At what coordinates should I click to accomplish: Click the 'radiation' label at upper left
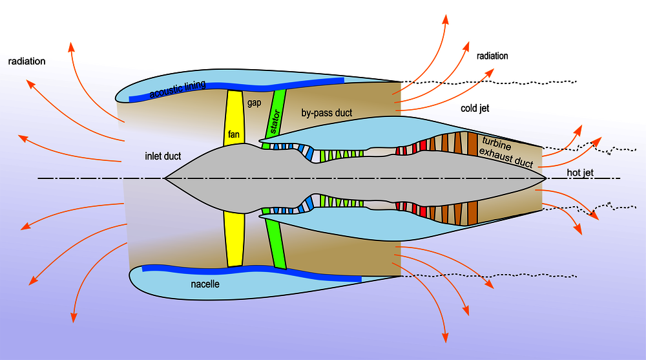coord(26,61)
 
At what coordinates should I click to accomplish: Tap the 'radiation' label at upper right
coord(492,56)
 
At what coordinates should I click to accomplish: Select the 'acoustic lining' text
coord(177,90)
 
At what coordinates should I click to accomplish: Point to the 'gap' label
coord(253,103)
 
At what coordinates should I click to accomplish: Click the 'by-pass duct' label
coord(326,113)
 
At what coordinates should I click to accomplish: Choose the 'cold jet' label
coord(475,108)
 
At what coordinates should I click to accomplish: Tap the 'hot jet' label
coord(581,173)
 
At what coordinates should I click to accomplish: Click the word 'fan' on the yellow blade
coord(234,136)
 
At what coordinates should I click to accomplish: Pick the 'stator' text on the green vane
coord(275,121)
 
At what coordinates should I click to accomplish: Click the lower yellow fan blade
coord(234,239)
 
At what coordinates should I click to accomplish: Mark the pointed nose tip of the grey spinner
coord(165,178)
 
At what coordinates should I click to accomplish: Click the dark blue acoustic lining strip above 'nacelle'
coord(252,272)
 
